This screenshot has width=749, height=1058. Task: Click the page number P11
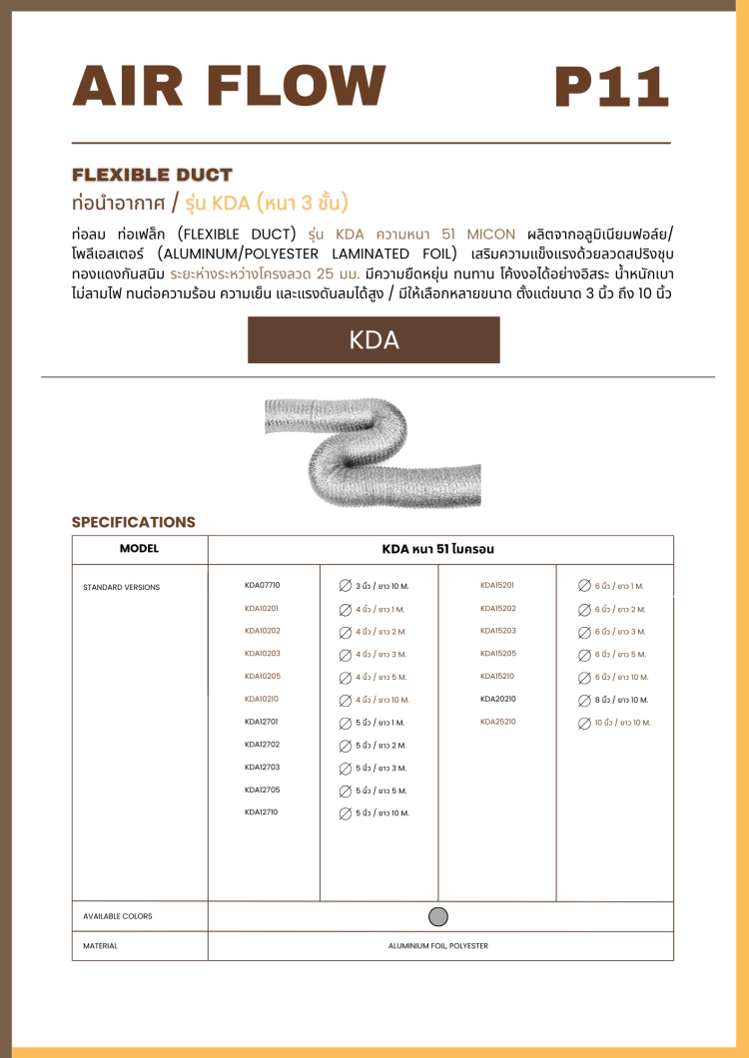pos(610,86)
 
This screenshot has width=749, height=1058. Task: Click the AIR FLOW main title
pos(229,86)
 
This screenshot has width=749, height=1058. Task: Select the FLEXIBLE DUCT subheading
pos(152,175)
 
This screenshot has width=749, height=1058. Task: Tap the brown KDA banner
pos(374,339)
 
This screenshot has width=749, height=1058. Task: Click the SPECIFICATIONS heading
pos(134,522)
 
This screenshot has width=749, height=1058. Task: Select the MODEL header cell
pos(139,549)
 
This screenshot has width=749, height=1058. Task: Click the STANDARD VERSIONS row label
pos(121,587)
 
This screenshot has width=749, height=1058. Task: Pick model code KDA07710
pos(263,585)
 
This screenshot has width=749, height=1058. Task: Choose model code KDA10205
pos(263,676)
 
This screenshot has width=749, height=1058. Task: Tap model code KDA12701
pos(262,722)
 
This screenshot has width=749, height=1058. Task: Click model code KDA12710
pos(262,812)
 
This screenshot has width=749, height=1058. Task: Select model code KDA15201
pos(497,585)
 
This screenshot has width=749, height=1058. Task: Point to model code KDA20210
pos(497,699)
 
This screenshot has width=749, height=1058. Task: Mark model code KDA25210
pos(497,722)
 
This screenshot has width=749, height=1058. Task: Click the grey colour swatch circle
pos(437,916)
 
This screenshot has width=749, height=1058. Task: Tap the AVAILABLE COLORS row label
pos(118,916)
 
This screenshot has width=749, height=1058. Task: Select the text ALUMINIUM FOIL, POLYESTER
pos(438,945)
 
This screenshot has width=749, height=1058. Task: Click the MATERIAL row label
pos(100,945)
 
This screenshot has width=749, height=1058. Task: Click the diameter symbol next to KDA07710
pos(345,586)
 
